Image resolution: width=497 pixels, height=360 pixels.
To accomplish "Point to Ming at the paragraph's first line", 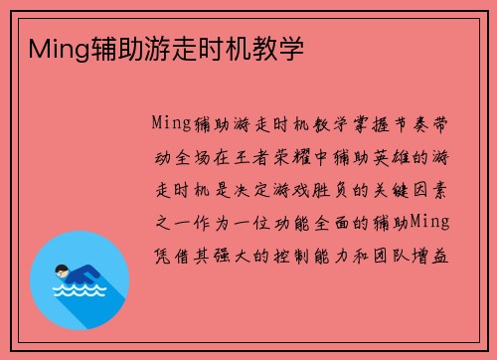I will (x=172, y=124).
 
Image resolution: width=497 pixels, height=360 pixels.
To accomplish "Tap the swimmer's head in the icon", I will (x=63, y=270).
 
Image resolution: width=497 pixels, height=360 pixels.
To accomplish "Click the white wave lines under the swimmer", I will (x=79, y=290).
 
